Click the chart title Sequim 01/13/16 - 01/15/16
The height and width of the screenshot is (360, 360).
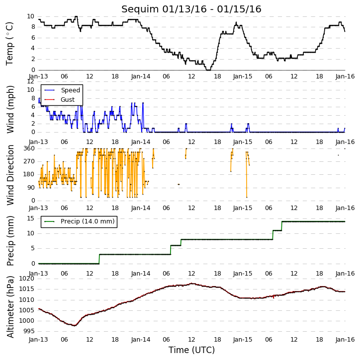pyautogui.click(x=191, y=9)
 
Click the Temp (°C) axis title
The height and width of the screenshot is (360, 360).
pyautogui.click(x=9, y=44)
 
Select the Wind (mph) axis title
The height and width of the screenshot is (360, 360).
pyautogui.click(x=10, y=110)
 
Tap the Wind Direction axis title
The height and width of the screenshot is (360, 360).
pyautogui.click(x=10, y=175)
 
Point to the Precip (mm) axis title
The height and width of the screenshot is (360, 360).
pyautogui.click(x=10, y=241)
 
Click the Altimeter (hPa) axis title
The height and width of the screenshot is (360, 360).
pyautogui.click(x=10, y=307)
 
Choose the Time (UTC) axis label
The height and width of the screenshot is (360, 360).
pyautogui.click(x=191, y=350)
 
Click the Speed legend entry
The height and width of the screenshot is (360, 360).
pyautogui.click(x=62, y=90)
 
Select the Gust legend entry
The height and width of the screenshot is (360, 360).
pyautogui.click(x=60, y=100)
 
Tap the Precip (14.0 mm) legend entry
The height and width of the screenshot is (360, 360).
pyautogui.click(x=80, y=221)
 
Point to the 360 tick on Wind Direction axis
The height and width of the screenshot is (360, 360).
pyautogui.click(x=29, y=148)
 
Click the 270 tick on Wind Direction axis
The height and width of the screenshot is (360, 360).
pyautogui.click(x=29, y=161)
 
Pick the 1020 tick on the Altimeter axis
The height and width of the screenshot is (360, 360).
pyautogui.click(x=27, y=279)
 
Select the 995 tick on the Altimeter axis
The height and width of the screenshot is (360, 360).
pyautogui.click(x=29, y=331)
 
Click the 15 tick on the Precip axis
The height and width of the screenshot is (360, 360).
pyautogui.click(x=31, y=218)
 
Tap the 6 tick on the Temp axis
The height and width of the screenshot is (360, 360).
pyautogui.click(x=33, y=38)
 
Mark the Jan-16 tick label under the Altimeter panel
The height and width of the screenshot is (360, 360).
pyautogui.click(x=345, y=340)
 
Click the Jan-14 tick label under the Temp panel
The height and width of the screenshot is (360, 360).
pyautogui.click(x=141, y=76)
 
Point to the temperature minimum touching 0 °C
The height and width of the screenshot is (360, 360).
pyautogui.click(x=208, y=70)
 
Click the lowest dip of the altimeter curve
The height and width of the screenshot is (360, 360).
pyautogui.click(x=74, y=326)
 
